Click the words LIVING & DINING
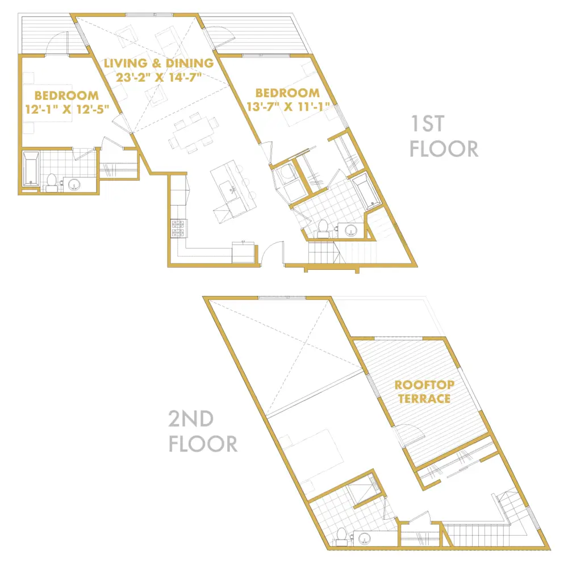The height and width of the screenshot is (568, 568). (158, 63)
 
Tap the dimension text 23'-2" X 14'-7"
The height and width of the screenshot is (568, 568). (158, 77)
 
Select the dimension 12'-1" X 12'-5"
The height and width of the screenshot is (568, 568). (67, 108)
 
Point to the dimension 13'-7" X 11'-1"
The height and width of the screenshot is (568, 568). (289, 107)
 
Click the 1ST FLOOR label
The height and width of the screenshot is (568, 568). (444, 136)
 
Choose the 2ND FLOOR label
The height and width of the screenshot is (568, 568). (203, 431)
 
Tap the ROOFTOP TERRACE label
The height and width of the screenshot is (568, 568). (424, 391)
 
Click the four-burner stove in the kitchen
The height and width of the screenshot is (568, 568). (178, 228)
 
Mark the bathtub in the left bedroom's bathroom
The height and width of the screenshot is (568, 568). (31, 169)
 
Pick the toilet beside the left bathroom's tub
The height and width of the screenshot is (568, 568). (52, 183)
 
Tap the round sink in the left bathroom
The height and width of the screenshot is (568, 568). (74, 185)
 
